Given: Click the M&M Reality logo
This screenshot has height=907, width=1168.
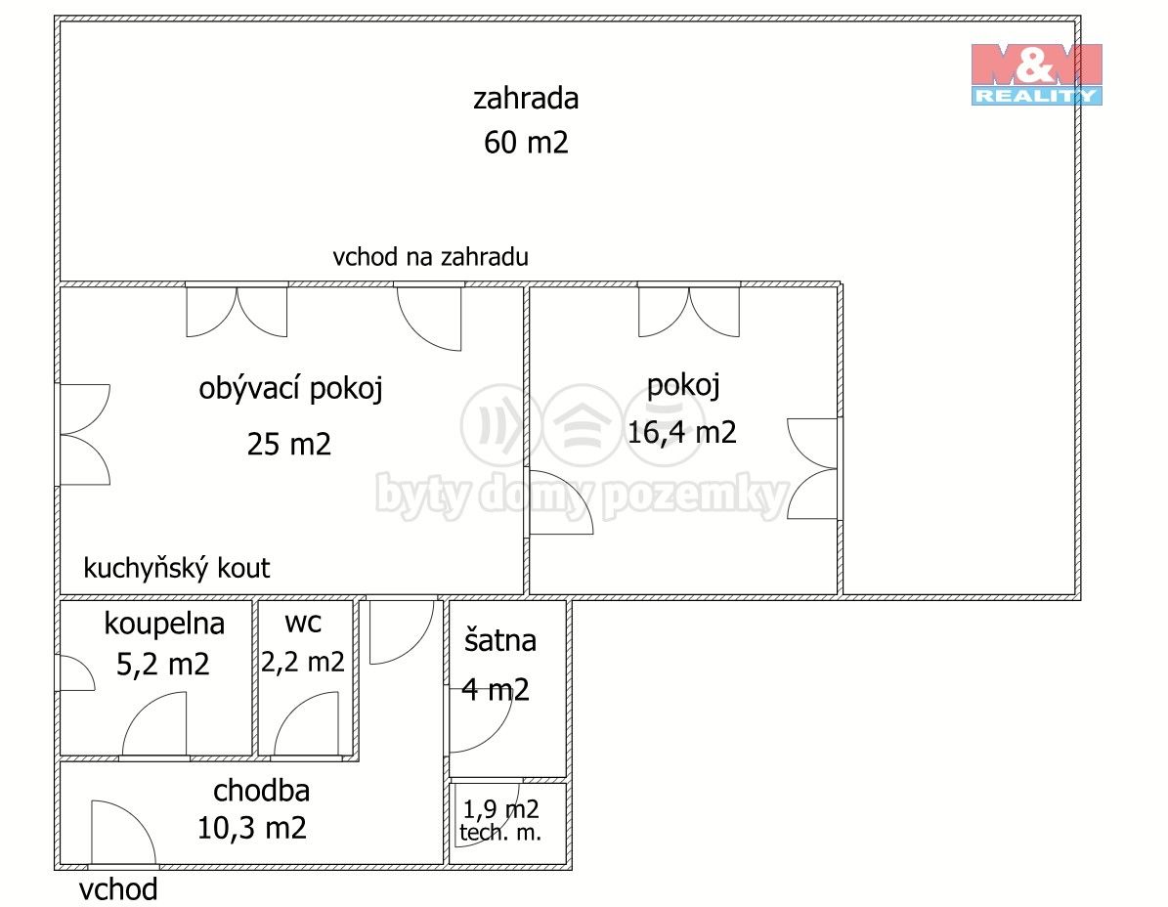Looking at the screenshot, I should coord(1036,73).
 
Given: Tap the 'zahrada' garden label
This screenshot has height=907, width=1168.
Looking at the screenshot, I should coord(526,99).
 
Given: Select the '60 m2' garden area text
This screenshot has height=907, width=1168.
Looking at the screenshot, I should coord(526,143).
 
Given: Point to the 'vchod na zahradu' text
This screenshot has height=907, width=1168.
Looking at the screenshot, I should coord(430,257).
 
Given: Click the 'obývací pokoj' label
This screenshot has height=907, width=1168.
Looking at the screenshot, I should coord(290,389).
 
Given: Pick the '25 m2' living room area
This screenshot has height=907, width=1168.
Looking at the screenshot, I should coord(289,445).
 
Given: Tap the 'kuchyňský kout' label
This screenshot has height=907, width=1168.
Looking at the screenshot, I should coord(177,568).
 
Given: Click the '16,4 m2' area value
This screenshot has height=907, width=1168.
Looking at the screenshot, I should coord(682,432).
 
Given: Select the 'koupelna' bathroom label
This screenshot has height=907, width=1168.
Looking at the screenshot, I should coord(164,623).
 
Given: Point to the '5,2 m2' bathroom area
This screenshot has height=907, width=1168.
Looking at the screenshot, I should coord(163,665).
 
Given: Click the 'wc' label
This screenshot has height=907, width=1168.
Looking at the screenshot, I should coord(303,621).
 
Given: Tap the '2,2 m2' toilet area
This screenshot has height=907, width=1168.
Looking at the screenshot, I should coord(303,662).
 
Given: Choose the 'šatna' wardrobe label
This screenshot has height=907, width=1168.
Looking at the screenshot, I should coord(500,640).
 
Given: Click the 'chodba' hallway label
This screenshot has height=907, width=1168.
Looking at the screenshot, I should coord(261,789).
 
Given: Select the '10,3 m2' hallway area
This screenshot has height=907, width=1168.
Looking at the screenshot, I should coord(252,829).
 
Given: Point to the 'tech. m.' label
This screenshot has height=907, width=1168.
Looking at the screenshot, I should coord(500,833).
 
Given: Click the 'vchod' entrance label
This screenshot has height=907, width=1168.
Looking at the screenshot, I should coord(118,889).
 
